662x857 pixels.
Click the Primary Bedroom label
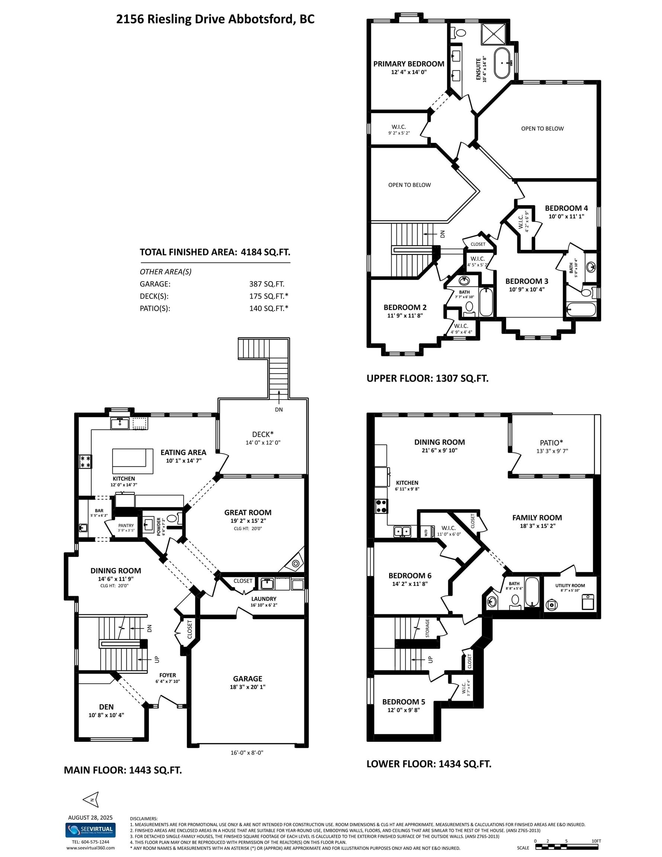pos(408,64)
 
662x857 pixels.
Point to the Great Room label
pos(248,513)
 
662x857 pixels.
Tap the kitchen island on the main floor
pos(133,461)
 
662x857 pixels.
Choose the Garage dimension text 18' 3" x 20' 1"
pos(248,687)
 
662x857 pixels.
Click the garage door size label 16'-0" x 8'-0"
pos(247,752)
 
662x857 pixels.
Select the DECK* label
pos(263,434)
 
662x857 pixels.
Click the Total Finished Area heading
pos(215,252)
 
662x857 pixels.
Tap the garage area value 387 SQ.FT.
pos(267,284)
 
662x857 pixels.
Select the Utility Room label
pos(570,585)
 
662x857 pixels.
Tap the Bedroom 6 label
pos(410,576)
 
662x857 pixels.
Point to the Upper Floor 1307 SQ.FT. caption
pos(428,379)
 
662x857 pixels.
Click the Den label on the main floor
pos(106,707)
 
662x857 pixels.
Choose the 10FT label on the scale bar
pos(596,841)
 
